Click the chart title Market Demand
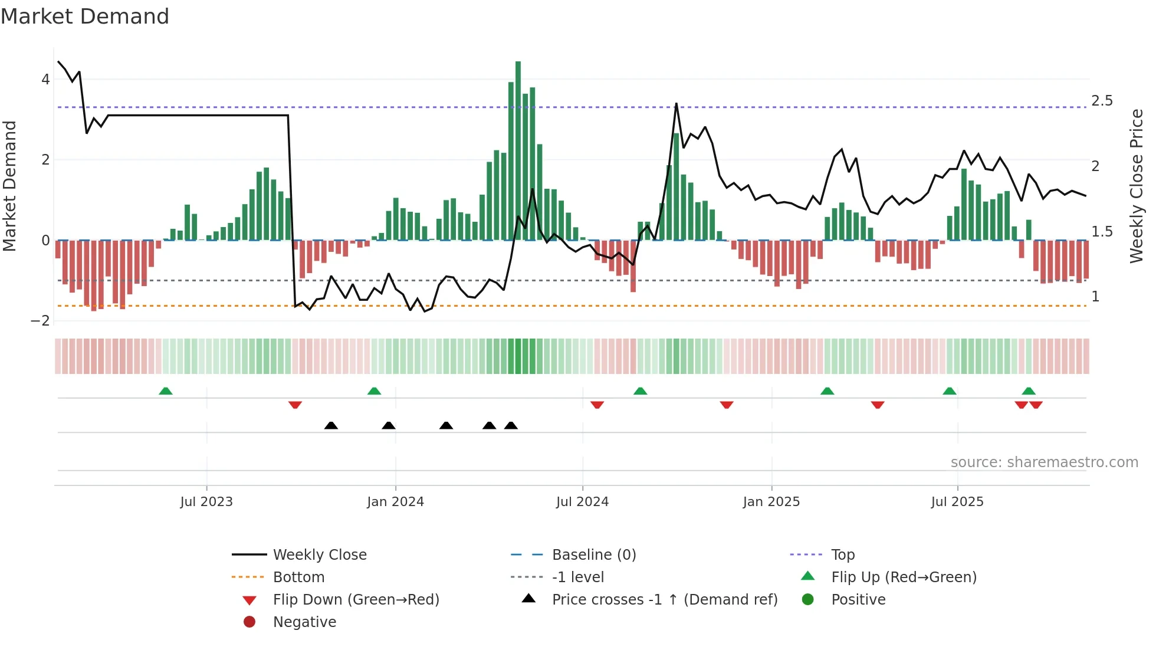(x=85, y=17)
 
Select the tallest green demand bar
(x=518, y=150)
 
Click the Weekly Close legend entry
(x=319, y=554)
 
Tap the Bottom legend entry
(x=298, y=577)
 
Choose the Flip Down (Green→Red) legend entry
(x=356, y=599)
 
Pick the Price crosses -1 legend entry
(x=664, y=599)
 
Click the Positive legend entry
(x=858, y=599)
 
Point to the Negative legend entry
(x=304, y=622)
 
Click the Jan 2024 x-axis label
(x=395, y=501)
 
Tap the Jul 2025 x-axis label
(x=957, y=501)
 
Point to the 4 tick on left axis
(x=45, y=79)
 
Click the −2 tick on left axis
(x=41, y=320)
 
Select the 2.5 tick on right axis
(x=1102, y=101)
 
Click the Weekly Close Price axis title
(x=1136, y=186)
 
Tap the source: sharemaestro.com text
(x=1044, y=462)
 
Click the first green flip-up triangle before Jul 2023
(x=166, y=391)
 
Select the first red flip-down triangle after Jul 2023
(x=295, y=405)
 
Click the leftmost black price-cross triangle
(x=331, y=425)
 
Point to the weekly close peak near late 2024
(x=676, y=104)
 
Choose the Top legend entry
(x=842, y=554)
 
